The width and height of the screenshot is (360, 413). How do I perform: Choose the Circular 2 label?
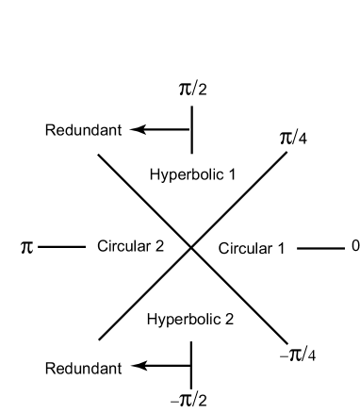pyautogui.click(x=130, y=247)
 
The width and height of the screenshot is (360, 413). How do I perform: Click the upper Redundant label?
pyautogui.click(x=83, y=129)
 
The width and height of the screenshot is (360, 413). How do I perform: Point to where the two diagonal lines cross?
pyautogui.click(x=191, y=247)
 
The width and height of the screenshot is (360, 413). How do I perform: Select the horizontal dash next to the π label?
pyautogui.click(x=62, y=247)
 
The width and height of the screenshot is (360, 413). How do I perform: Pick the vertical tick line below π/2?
pyautogui.click(x=191, y=129)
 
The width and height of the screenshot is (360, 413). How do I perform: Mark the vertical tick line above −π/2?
pyautogui.click(x=191, y=364)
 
